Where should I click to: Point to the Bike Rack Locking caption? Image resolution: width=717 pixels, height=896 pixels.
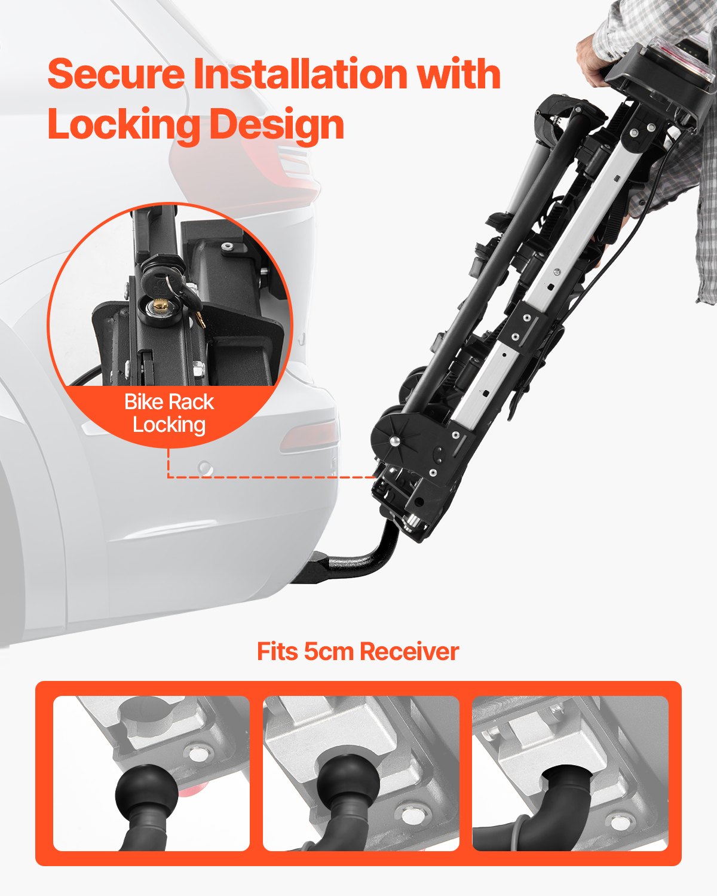click(x=169, y=413)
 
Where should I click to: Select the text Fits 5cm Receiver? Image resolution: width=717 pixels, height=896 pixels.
click(x=357, y=651)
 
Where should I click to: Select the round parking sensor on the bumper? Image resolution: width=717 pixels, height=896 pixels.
click(x=206, y=468)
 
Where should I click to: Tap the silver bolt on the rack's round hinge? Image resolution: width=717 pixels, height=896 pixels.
click(x=395, y=441)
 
